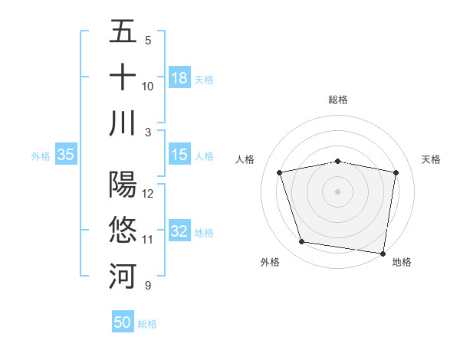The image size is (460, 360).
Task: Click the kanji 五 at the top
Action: (x=123, y=33)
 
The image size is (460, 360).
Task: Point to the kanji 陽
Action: (x=123, y=185)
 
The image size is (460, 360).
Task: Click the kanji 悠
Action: (x=123, y=231)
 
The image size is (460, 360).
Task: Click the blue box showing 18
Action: (x=179, y=77)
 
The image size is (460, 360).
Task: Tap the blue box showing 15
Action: (x=179, y=155)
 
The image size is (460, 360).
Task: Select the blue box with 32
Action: (x=179, y=231)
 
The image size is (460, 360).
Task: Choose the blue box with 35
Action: (x=66, y=155)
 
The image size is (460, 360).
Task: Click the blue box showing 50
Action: (x=123, y=322)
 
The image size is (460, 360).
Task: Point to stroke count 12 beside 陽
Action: (x=148, y=194)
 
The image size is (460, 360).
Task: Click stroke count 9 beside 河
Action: (x=147, y=286)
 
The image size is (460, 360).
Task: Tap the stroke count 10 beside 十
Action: (x=148, y=87)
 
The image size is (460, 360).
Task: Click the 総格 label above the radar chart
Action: (x=338, y=100)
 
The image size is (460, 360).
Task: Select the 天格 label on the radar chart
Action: (x=431, y=159)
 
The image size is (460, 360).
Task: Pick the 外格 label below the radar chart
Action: (x=270, y=262)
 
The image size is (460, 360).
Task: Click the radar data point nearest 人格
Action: (x=280, y=172)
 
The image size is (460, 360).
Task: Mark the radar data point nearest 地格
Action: (x=382, y=253)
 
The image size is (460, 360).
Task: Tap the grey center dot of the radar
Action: (x=338, y=191)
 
